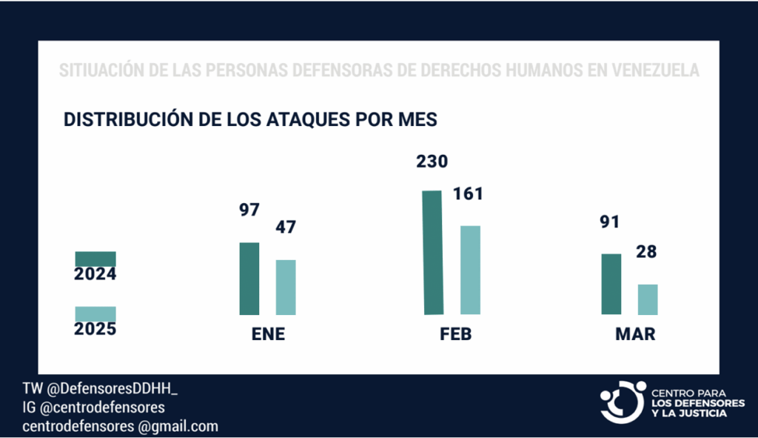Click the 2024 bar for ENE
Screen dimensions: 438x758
249,279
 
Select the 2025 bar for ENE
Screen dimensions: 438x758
286,287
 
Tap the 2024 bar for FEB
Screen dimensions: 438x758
433,252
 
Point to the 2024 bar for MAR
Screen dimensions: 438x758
611,284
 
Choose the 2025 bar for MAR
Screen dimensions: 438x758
648,299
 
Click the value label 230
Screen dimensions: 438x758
432,162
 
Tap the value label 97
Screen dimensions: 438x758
249,210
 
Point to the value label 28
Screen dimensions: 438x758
646,252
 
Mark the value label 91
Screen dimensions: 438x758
611,222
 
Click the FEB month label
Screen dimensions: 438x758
455,334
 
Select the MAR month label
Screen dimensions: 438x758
635,334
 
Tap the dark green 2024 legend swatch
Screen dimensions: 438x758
95,258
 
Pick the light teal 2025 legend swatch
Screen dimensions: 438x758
95,313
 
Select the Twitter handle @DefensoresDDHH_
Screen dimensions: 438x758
109,390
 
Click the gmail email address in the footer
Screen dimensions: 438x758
121,426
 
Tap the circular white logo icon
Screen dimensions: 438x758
623,402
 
